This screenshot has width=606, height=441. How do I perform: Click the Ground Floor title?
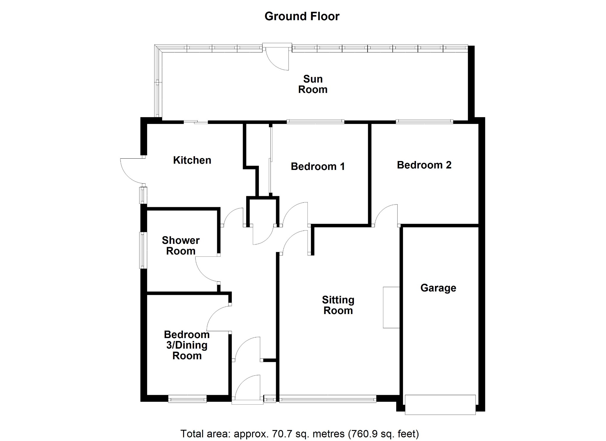tap(302, 16)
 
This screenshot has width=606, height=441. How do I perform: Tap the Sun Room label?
tap(313, 84)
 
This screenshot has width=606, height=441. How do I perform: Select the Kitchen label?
tap(192, 160)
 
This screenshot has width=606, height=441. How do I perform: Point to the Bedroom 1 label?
tap(318, 166)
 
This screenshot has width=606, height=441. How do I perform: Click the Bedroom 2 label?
tap(424, 165)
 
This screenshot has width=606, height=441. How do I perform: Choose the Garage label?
tap(438, 288)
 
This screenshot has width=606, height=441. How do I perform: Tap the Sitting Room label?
tap(338, 305)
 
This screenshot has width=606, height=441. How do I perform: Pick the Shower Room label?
tap(181, 246)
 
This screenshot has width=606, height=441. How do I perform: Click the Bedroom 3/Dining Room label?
tap(187, 345)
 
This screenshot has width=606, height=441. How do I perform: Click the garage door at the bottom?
tap(440, 405)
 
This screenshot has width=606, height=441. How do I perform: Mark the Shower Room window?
tap(143, 250)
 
